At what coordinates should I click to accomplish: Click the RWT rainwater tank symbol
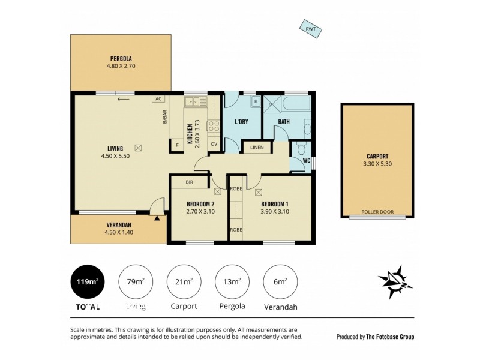311,29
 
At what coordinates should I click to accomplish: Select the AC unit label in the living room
158,99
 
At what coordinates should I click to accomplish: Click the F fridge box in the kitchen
177,144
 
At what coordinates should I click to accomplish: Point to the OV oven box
214,144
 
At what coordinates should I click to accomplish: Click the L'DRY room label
241,122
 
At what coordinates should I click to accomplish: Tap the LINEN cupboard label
257,147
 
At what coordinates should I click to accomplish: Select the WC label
306,160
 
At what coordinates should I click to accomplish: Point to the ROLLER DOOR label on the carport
377,213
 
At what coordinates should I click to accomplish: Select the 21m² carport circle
184,281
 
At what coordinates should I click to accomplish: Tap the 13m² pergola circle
232,281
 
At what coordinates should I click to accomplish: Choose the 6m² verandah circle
280,281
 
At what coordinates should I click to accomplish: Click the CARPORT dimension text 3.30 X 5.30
377,164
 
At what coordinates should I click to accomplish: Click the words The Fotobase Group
391,337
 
